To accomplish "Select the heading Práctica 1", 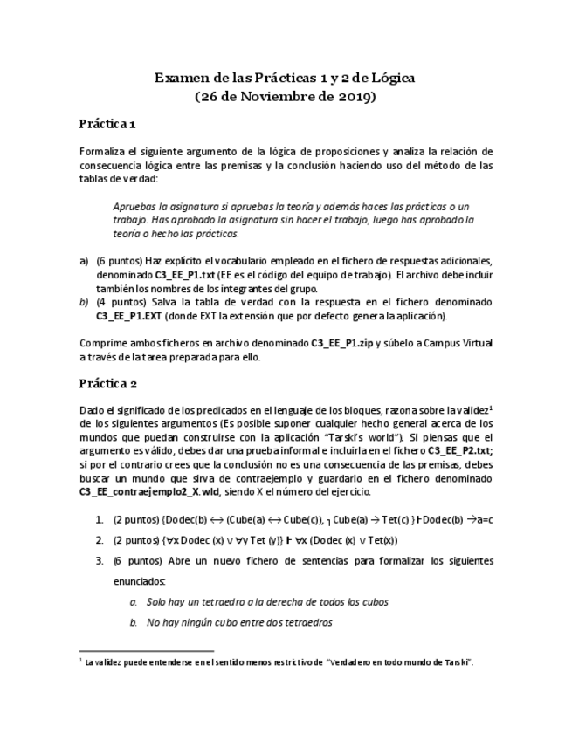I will [x=107, y=125].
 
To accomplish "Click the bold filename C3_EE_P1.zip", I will [x=345, y=343].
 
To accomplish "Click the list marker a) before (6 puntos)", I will [x=85, y=261].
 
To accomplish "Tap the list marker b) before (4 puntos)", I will [x=85, y=302].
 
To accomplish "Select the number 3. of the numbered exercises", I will [x=100, y=560].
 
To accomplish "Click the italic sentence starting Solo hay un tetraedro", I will [x=267, y=601].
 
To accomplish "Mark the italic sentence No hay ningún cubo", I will [x=238, y=622].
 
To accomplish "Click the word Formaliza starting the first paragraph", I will [x=104, y=151].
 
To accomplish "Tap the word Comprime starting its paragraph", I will [x=105, y=343].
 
